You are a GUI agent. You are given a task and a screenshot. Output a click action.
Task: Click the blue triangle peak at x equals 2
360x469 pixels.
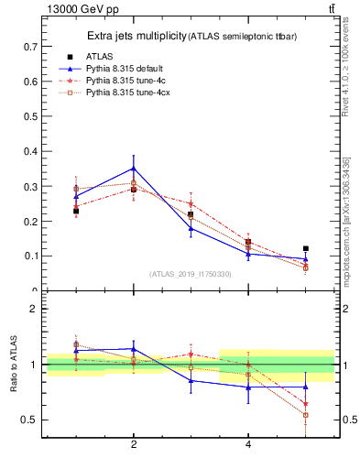click(134, 169)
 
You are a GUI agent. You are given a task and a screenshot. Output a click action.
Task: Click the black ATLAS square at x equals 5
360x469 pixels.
click(306, 248)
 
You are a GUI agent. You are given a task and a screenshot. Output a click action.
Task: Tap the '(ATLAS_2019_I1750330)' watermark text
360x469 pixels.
click(191, 273)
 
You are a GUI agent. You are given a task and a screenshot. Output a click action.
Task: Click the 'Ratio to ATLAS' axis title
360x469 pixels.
click(14, 365)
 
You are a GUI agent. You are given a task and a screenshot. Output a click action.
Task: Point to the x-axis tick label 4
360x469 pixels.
click(248, 444)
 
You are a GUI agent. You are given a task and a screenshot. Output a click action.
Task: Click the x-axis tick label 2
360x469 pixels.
click(134, 444)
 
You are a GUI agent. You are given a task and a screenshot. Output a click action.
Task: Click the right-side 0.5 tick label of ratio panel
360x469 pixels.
click(348, 420)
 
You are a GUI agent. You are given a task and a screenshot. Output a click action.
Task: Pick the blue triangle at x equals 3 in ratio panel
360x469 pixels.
click(191, 380)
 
